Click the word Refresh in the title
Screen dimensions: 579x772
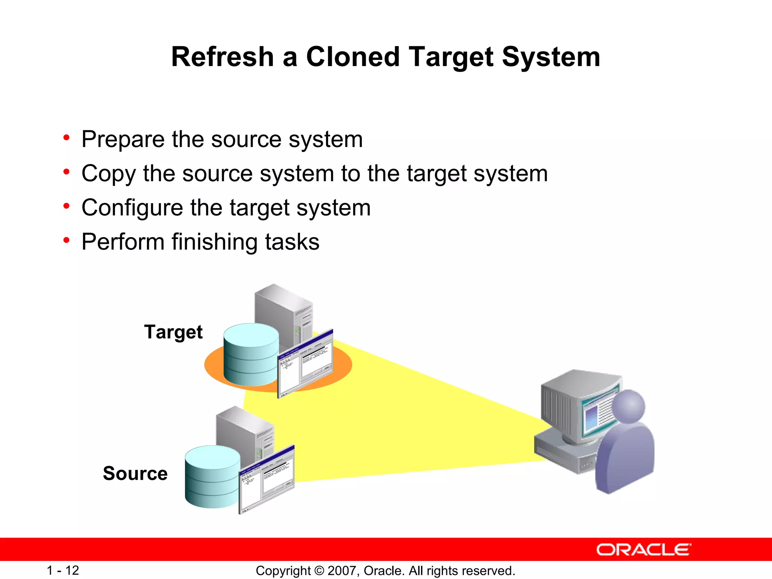pyautogui.click(x=222, y=57)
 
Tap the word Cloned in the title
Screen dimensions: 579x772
pyautogui.click(x=352, y=57)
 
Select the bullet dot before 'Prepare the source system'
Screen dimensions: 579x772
pyautogui.click(x=67, y=138)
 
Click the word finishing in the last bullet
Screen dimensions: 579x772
pyautogui.click(x=214, y=242)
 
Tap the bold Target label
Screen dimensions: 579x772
pyautogui.click(x=173, y=332)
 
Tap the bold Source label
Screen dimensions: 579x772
pyautogui.click(x=135, y=473)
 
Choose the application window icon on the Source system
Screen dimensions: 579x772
pyautogui.click(x=267, y=479)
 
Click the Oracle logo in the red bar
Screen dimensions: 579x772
pyautogui.click(x=643, y=550)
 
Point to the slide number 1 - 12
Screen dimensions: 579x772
pyautogui.click(x=63, y=570)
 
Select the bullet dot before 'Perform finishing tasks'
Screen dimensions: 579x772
pyautogui.click(x=67, y=240)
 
